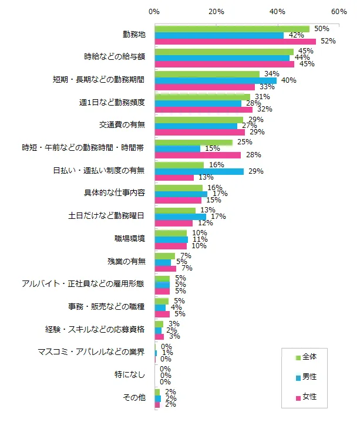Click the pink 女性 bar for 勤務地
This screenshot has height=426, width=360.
click(235, 42)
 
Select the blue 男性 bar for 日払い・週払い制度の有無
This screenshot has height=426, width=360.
click(199, 171)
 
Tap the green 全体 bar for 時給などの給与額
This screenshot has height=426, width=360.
click(224, 51)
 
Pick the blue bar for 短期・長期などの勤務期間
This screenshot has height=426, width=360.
click(216, 80)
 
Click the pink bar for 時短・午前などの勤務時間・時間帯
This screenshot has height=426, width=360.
click(197, 155)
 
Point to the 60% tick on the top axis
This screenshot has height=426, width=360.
click(339, 11)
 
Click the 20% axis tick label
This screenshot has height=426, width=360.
click(216, 11)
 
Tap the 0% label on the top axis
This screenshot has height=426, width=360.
click(154, 11)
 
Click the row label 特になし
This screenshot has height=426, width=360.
click(129, 374)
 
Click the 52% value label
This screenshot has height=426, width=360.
click(328, 42)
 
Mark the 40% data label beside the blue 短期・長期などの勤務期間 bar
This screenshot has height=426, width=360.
click(288, 80)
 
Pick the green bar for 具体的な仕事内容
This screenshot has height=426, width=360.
click(179, 188)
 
